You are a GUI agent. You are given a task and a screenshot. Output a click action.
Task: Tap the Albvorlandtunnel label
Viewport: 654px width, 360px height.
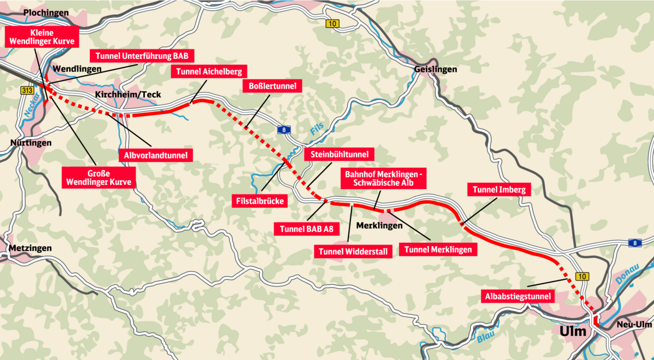[155, 156]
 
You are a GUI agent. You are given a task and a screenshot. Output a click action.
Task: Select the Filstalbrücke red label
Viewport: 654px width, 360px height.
[259, 200]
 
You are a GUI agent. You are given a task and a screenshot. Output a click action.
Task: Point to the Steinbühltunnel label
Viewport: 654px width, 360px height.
[339, 154]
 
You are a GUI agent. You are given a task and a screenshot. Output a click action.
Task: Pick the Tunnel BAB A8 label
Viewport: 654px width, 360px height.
[307, 229]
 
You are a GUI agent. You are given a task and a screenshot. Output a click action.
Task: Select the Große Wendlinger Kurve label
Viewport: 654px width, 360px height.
[99, 178]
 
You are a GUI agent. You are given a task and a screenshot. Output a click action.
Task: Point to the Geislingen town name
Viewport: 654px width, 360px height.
[435, 70]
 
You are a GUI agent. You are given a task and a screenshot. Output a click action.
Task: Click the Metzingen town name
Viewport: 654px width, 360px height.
[30, 248]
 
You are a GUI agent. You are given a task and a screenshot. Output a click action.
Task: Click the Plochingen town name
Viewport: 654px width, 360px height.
[46, 12]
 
